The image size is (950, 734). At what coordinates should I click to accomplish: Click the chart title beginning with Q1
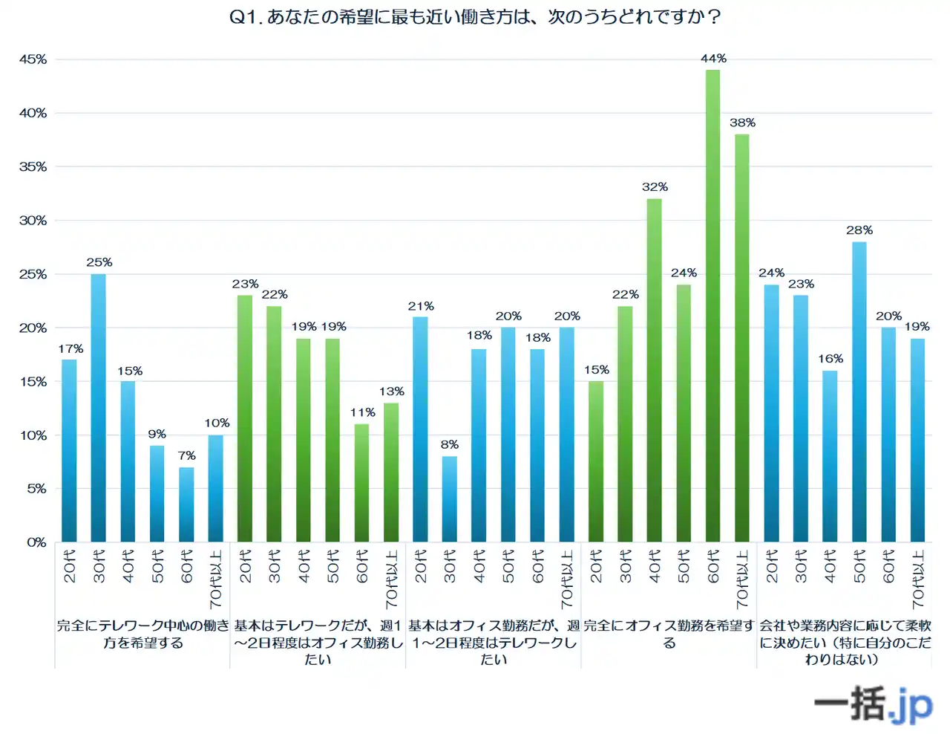pos(475,16)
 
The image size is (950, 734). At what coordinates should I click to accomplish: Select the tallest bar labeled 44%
pos(712,305)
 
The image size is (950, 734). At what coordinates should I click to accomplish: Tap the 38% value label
pos(742,123)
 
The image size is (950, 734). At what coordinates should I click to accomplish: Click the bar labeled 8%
pos(450,498)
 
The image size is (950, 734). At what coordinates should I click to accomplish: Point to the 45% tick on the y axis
pos(33,59)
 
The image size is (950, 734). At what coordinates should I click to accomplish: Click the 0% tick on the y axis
pos(36,542)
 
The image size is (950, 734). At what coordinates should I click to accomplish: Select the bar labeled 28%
pos(859,392)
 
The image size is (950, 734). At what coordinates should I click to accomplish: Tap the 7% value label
pos(186,455)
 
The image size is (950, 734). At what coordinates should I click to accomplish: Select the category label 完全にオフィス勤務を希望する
pos(669,634)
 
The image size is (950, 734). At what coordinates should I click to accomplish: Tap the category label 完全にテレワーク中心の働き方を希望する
pos(142,634)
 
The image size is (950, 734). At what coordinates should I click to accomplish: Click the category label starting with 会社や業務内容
pos(845,642)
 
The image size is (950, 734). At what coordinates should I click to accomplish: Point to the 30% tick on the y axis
pos(33,221)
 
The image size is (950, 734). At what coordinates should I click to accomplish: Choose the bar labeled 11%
pos(361,483)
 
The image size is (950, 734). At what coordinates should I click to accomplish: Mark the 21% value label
pos(421,306)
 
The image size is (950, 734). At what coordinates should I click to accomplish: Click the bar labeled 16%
pos(830,456)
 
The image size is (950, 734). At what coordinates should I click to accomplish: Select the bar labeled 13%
pos(391,472)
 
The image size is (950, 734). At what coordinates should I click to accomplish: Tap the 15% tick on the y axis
pos(33,382)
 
